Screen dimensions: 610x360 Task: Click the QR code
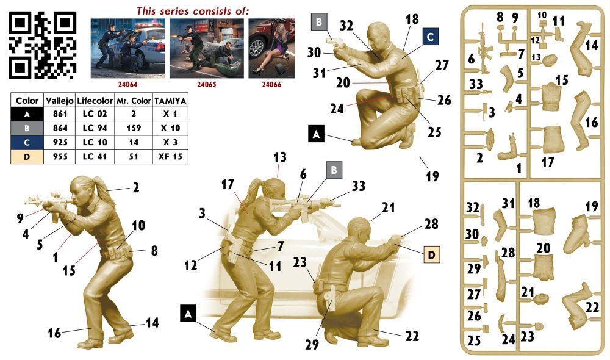pyautogui.click(x=43, y=45)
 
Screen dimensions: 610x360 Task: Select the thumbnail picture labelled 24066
pyautogui.click(x=271, y=48)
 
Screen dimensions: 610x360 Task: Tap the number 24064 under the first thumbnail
pyautogui.click(x=127, y=84)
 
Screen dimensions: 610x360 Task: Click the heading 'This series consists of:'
pyautogui.click(x=193, y=11)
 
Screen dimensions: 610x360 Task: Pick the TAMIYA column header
pyautogui.click(x=170, y=101)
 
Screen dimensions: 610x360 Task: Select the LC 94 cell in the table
pyautogui.click(x=95, y=128)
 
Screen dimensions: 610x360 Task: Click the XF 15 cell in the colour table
pyautogui.click(x=170, y=156)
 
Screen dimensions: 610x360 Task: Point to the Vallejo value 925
pyautogui.click(x=60, y=142)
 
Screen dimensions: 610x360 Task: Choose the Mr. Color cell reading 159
pyautogui.click(x=134, y=128)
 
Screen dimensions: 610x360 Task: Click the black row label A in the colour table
pyautogui.click(x=27, y=114)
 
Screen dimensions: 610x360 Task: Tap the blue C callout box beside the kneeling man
pyautogui.click(x=430, y=37)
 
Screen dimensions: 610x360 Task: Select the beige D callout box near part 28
pyautogui.click(x=431, y=255)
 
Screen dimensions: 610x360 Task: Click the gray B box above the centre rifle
pyautogui.click(x=334, y=170)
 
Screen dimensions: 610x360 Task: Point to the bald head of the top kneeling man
pyautogui.click(x=377, y=35)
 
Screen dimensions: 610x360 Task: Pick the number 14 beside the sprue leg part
pyautogui.click(x=591, y=45)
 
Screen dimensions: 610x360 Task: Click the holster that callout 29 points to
pyautogui.click(x=330, y=298)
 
